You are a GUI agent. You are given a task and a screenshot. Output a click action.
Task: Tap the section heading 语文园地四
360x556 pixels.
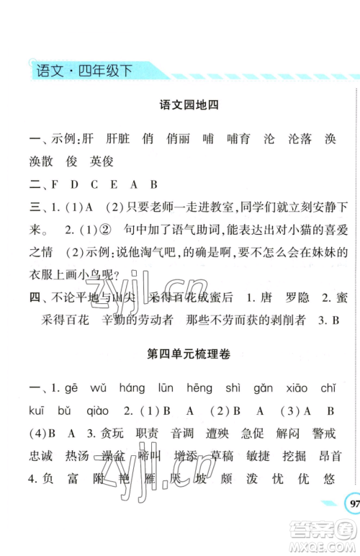click(x=187, y=105)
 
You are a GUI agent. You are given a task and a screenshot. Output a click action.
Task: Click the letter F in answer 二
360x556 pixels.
click(x=55, y=184)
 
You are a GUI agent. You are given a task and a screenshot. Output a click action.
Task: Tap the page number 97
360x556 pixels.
click(x=353, y=502)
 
